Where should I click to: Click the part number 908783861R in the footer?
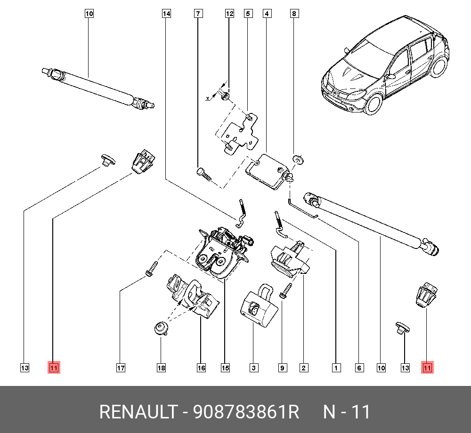[247, 412]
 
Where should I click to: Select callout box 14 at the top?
[166, 14]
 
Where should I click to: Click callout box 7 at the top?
[199, 14]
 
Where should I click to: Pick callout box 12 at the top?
[229, 14]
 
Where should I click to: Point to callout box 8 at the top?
[294, 14]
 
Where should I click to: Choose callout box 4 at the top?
[267, 14]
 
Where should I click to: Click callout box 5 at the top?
[248, 14]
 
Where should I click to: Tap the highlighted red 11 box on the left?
[54, 368]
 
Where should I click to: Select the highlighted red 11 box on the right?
[427, 368]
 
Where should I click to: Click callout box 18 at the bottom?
[161, 368]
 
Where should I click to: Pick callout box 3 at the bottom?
[254, 368]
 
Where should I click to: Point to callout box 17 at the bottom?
[121, 368]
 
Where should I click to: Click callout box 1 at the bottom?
[336, 368]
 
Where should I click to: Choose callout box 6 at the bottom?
[359, 368]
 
